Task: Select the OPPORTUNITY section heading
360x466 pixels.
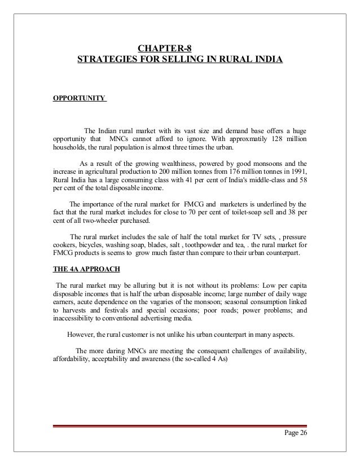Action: [x=78, y=98]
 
